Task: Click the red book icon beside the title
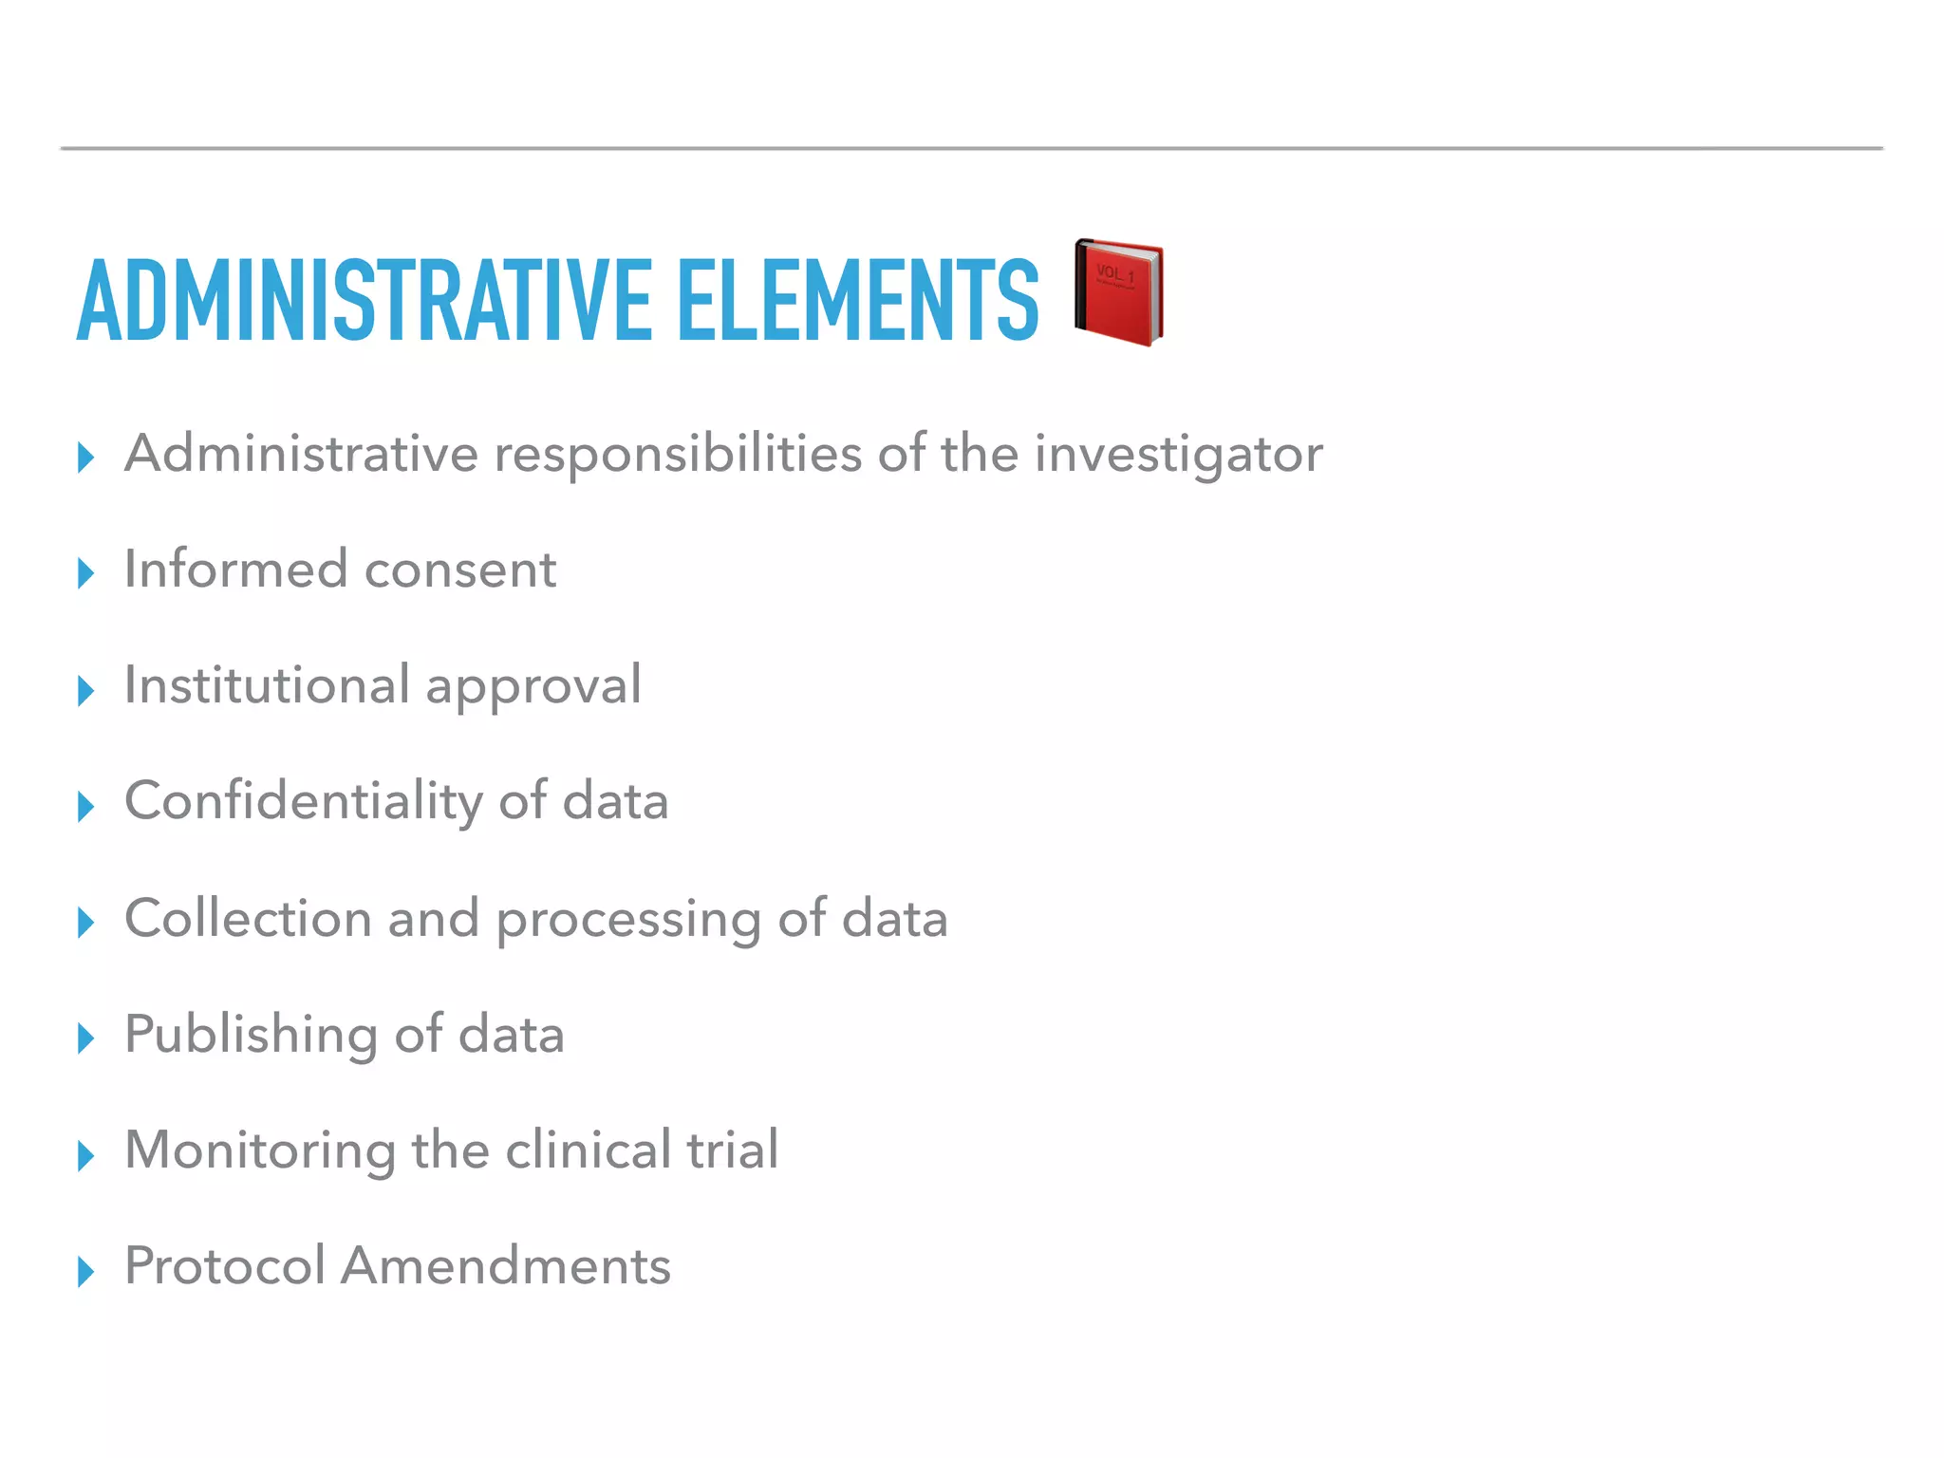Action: point(1119,292)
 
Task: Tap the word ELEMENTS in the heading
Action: point(858,300)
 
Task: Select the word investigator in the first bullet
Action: point(1178,455)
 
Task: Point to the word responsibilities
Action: point(678,455)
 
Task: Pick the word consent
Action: point(460,570)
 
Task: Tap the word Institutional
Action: point(267,684)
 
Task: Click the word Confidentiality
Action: point(303,802)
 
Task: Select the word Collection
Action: point(248,918)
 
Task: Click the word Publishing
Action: point(251,1035)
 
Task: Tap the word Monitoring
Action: point(260,1151)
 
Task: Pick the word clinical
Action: point(588,1150)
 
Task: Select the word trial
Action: point(732,1150)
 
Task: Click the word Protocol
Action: point(225,1265)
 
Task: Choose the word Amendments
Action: point(506,1265)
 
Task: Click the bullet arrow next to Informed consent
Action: point(86,572)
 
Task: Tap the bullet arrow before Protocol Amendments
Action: point(86,1271)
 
